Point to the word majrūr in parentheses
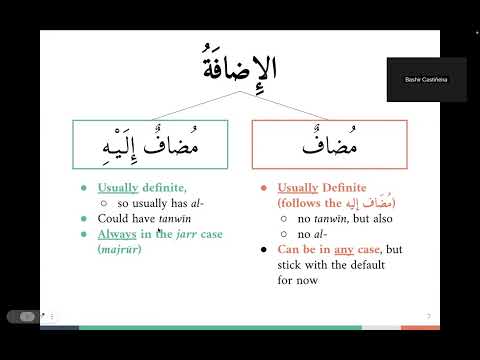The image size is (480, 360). coord(122,249)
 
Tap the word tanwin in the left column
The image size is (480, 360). coord(170,218)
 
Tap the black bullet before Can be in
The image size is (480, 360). coord(262,249)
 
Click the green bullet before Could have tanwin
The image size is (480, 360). coord(85,218)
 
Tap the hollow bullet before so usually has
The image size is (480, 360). coord(104,203)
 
